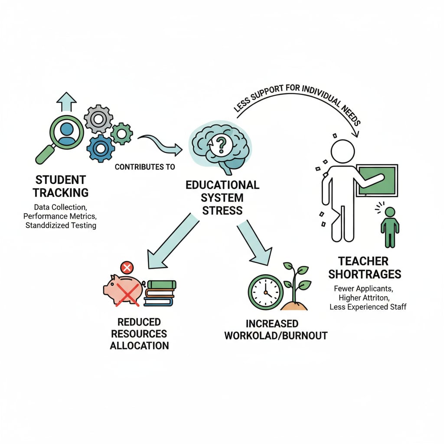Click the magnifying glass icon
[x=65, y=132]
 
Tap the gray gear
[x=98, y=118]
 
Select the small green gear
[x=121, y=134]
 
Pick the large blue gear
[x=101, y=148]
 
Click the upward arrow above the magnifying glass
[x=66, y=102]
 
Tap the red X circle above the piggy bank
[x=127, y=267]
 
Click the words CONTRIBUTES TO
[x=145, y=167]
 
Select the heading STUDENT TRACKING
[x=61, y=186]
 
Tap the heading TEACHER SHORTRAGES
[x=365, y=268]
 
